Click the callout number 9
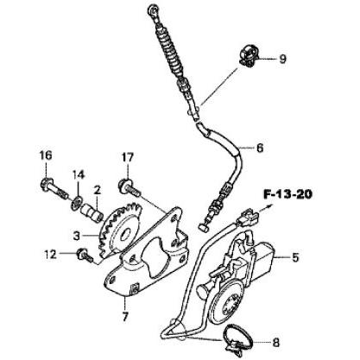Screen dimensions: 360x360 (x=282, y=59)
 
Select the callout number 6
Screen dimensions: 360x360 (x=260, y=148)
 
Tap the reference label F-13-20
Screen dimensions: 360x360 (x=287, y=195)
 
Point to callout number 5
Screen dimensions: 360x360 (x=295, y=257)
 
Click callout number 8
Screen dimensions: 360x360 (x=275, y=343)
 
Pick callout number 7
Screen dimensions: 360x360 (x=124, y=317)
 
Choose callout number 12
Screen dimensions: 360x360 (x=50, y=255)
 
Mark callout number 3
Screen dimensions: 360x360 (x=76, y=237)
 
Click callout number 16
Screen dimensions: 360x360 (x=46, y=155)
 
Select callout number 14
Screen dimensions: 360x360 (x=79, y=174)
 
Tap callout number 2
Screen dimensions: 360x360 (x=97, y=190)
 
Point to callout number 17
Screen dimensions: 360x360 (x=128, y=157)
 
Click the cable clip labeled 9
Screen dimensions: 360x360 (x=249, y=55)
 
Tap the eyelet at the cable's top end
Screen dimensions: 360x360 (x=154, y=10)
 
